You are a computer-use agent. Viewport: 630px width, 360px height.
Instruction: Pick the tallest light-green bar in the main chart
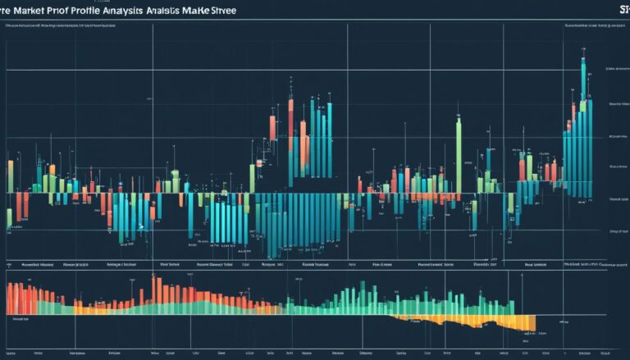tap(459, 156)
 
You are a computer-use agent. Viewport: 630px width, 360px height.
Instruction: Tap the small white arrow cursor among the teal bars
tap(141, 227)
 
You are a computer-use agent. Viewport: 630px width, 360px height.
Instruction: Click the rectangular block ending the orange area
tap(525, 323)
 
